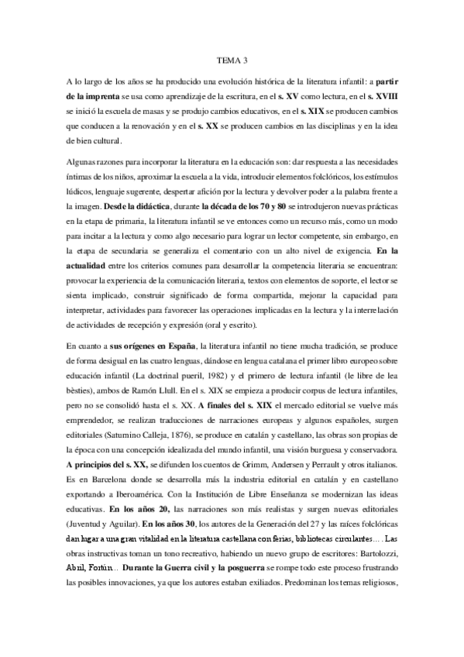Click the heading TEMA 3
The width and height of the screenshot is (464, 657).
pos(231,58)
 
